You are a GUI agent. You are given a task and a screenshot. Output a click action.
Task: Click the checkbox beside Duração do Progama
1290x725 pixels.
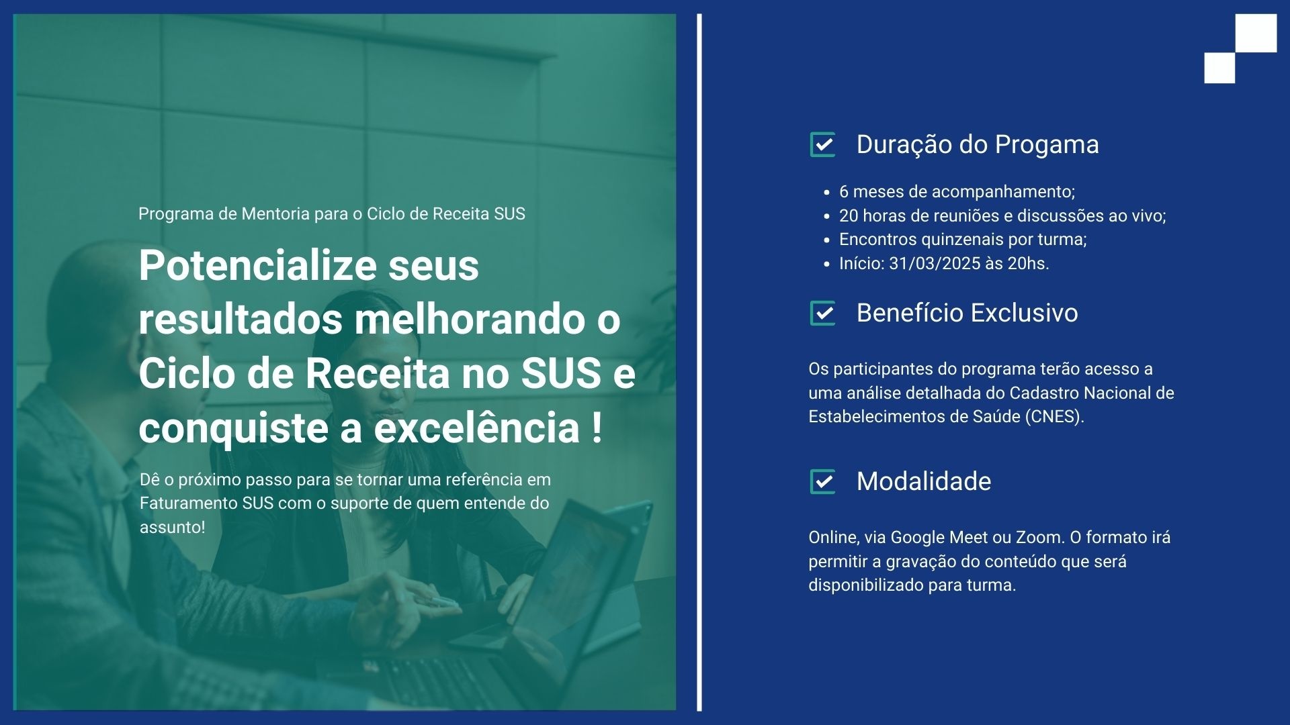pyautogui.click(x=823, y=144)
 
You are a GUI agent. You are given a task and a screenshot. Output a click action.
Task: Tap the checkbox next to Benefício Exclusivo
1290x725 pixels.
pyautogui.click(x=823, y=313)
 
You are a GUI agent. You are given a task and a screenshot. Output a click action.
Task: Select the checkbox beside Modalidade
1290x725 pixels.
pyautogui.click(x=823, y=481)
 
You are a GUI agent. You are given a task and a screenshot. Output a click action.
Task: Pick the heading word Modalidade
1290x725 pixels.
pyautogui.click(x=924, y=481)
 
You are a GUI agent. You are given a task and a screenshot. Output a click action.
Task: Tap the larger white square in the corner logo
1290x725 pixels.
pyautogui.click(x=1256, y=33)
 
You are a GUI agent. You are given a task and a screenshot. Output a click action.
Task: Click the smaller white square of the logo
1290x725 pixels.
pyautogui.click(x=1219, y=68)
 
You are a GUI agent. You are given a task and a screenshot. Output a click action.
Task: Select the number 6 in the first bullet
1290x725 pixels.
pyautogui.click(x=844, y=192)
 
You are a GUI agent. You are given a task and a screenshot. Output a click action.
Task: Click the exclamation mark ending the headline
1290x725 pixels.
pyautogui.click(x=597, y=428)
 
